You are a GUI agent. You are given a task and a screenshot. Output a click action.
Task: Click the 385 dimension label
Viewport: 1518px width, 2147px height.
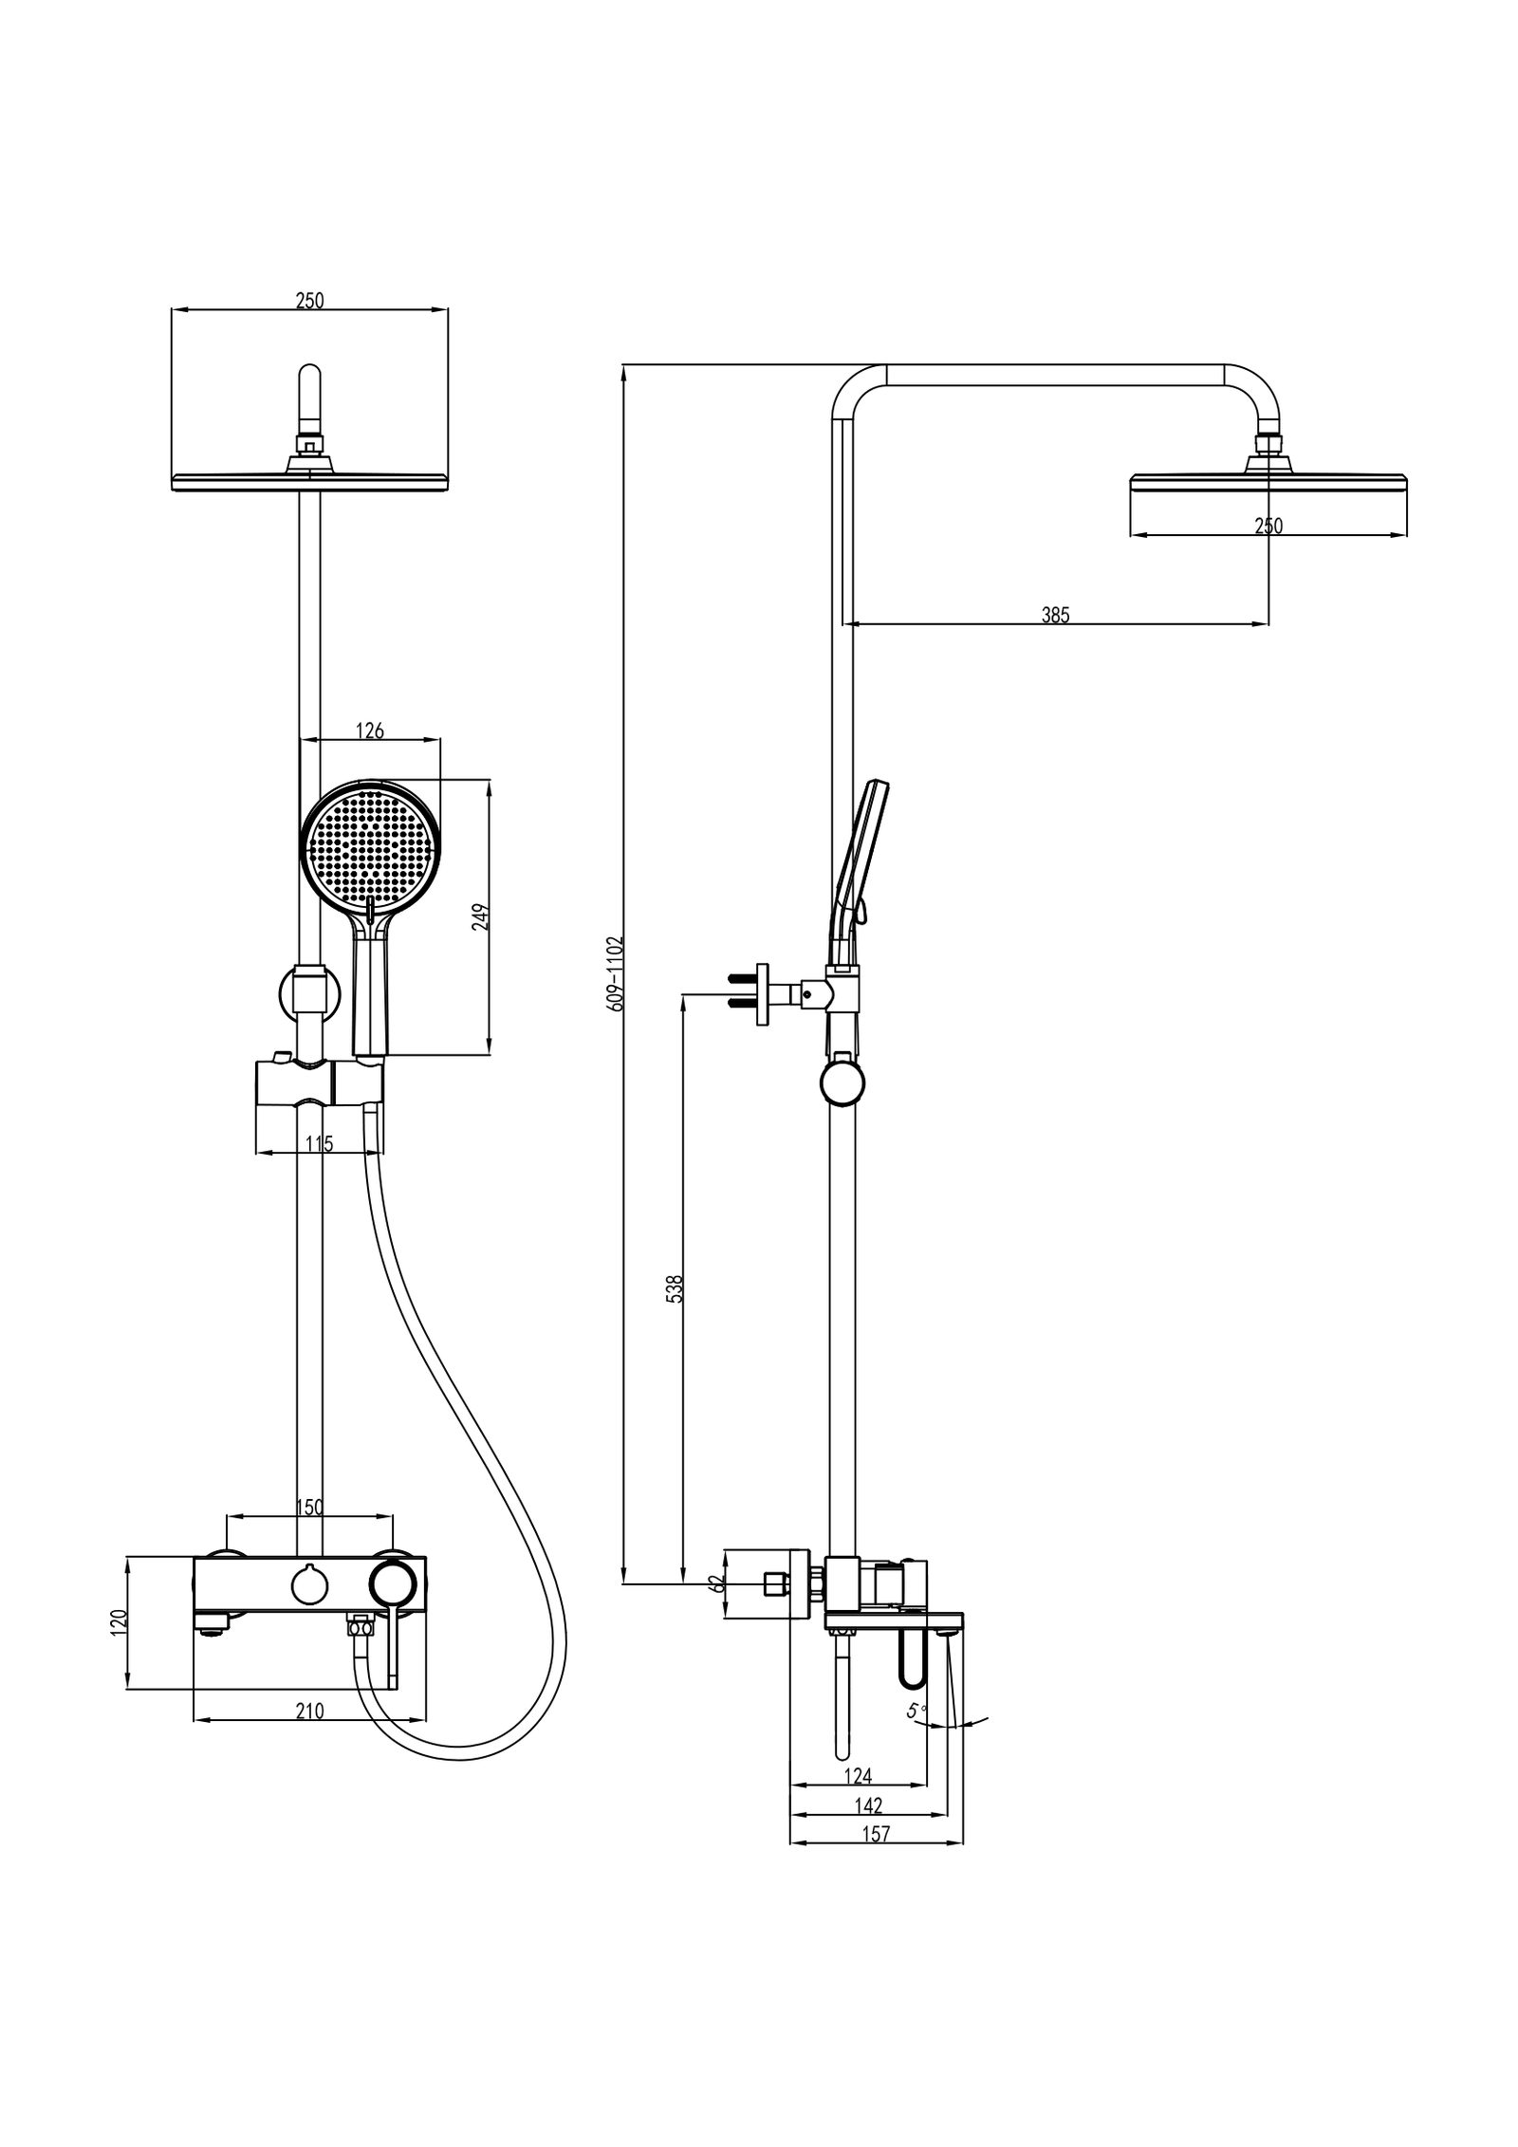coord(1054,615)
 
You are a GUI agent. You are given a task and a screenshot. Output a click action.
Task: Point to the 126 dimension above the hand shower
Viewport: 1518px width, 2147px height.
coord(369,731)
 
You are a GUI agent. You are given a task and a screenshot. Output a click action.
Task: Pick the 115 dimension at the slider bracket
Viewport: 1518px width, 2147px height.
coord(320,1144)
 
